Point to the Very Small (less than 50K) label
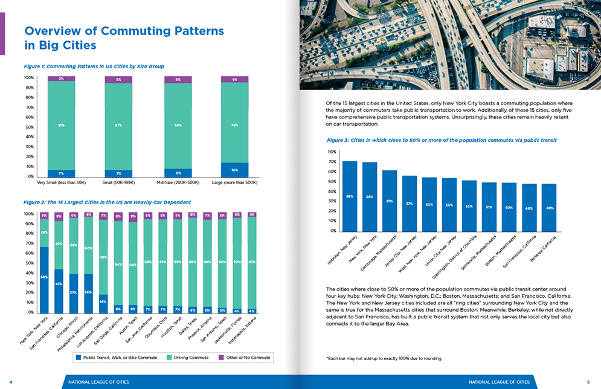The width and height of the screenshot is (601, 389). coord(62,182)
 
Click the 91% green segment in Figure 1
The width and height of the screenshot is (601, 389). coord(62,125)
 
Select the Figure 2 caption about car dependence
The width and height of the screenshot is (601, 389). coord(106,202)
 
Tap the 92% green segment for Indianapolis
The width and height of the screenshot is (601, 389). coord(252,263)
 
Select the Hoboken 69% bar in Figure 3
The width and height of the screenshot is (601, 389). coord(350,196)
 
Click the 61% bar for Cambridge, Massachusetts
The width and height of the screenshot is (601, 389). coord(390,201)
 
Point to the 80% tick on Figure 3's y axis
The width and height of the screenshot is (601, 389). coord(332,152)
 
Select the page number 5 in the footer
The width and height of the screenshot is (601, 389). coord(587,382)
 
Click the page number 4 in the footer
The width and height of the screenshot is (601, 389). coord(11,382)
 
